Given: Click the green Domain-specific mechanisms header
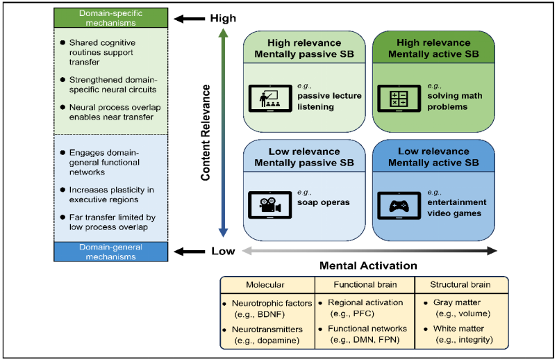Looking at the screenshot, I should pyautogui.click(x=110, y=17).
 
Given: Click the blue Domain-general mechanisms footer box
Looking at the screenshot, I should pyautogui.click(x=110, y=251).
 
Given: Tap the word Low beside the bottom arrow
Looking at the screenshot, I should pyautogui.click(x=222, y=251).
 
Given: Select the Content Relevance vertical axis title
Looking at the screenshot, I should pyautogui.click(x=206, y=134).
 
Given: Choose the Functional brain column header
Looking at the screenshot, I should pyautogui.click(x=364, y=285).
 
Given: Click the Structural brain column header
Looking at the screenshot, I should pyautogui.click(x=461, y=285).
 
